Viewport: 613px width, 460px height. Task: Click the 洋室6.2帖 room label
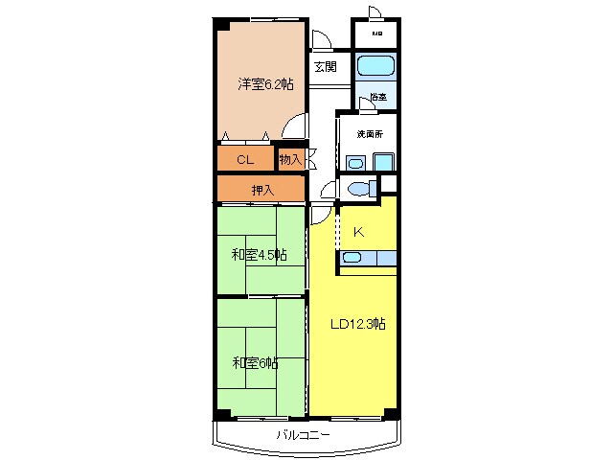265,84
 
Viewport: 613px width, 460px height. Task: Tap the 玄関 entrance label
325,67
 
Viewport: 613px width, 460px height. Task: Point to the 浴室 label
378,97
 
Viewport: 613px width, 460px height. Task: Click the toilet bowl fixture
356,188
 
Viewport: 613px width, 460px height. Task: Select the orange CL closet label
245,159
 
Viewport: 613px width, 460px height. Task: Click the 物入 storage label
290,159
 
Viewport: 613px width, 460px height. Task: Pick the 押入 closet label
261,190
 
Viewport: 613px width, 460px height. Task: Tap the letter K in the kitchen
358,232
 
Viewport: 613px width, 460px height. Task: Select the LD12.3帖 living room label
358,324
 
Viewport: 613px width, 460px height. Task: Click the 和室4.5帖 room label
259,255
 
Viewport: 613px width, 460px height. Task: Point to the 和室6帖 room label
255,362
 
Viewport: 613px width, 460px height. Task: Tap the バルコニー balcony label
304,435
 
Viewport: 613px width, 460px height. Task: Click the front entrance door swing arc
322,39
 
